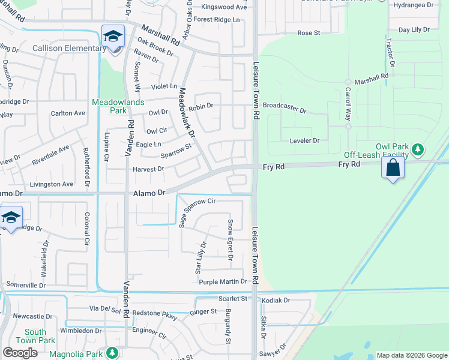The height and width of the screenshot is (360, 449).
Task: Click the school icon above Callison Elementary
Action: click(x=113, y=37)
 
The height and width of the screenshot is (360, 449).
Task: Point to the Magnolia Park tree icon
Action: click(x=112, y=353)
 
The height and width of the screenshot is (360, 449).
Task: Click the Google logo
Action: click(x=20, y=353)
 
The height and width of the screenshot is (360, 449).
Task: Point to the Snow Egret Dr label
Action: click(x=230, y=240)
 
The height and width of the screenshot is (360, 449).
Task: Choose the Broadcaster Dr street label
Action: click(x=285, y=111)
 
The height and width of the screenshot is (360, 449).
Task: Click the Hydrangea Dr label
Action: click(x=429, y=5)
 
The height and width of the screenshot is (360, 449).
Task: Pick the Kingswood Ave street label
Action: click(x=224, y=7)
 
